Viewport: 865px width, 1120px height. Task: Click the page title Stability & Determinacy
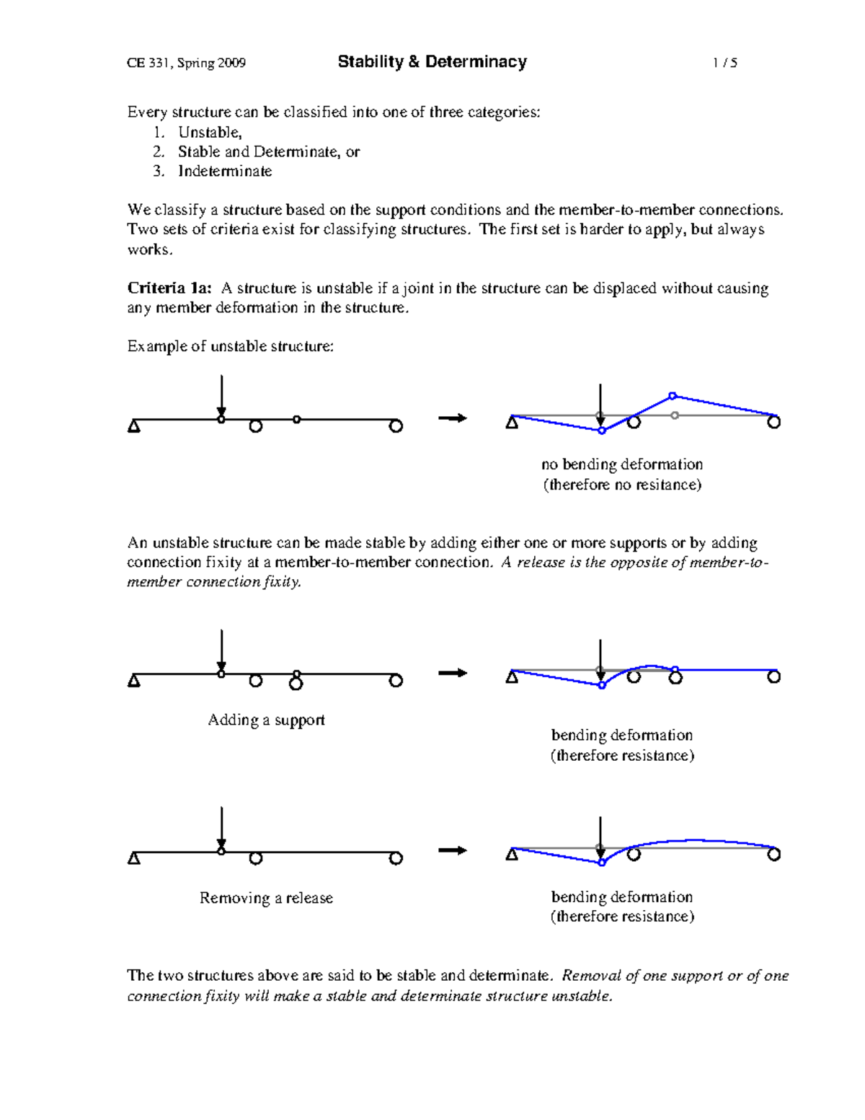point(432,62)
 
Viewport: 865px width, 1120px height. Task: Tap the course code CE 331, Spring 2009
point(186,63)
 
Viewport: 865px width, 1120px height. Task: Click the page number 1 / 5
point(724,63)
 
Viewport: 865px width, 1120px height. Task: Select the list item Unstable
point(209,133)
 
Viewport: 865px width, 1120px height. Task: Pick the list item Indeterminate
point(225,172)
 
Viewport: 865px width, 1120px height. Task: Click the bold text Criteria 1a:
point(169,288)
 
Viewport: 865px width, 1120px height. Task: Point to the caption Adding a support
point(266,720)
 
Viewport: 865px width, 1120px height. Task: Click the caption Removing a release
point(266,898)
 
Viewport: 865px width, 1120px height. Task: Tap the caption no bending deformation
point(621,464)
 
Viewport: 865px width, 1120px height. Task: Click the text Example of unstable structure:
point(231,347)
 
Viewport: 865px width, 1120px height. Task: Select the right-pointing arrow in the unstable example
point(453,418)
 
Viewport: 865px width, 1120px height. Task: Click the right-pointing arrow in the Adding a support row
point(453,673)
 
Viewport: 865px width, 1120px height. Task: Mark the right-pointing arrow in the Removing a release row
point(453,850)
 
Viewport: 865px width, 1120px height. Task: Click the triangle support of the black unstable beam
point(134,426)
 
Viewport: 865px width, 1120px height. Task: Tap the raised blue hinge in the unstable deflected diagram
point(672,396)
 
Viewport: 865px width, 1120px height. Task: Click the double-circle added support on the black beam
point(296,680)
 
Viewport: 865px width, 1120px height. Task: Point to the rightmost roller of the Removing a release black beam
point(396,858)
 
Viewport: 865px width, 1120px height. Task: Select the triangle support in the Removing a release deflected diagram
point(512,855)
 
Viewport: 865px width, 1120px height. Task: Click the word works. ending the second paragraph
point(150,250)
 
